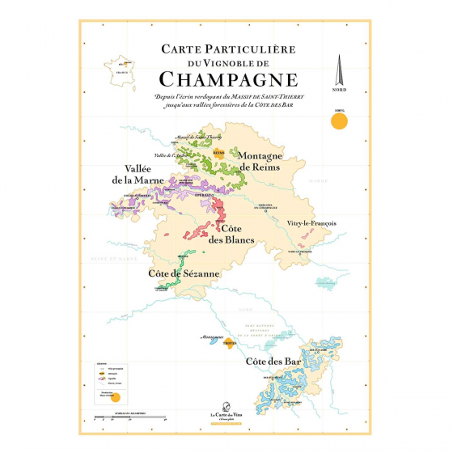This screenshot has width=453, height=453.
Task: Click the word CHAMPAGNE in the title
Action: click(x=227, y=79)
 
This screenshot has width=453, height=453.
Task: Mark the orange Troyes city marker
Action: click(x=228, y=342)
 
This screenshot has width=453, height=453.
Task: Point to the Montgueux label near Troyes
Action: click(x=210, y=332)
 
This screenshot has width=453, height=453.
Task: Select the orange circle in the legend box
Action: click(x=115, y=396)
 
